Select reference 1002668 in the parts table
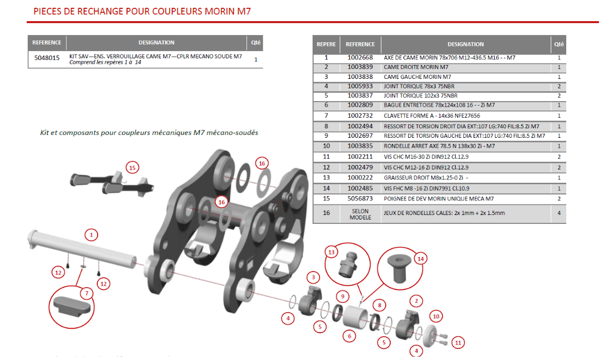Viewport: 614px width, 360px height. click(360, 58)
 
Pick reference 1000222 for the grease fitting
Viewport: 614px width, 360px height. click(360, 177)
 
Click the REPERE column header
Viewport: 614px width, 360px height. click(326, 44)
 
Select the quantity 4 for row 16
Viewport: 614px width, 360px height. click(558, 213)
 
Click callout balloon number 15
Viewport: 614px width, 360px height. click(132, 168)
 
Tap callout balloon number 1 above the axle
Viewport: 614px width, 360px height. click(91, 234)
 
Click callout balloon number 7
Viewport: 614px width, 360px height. click(86, 293)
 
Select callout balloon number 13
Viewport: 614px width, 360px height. click(332, 252)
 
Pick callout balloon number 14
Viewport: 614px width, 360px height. click(420, 258)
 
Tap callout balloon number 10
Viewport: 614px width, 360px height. click(436, 317)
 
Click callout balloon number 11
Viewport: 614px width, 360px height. click(458, 342)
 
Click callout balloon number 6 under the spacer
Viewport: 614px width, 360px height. click(349, 336)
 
